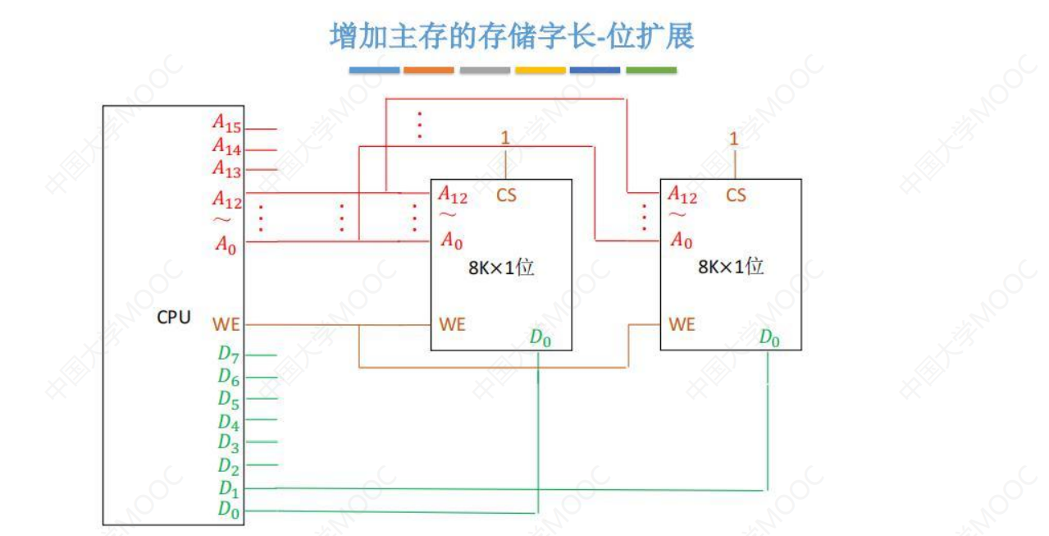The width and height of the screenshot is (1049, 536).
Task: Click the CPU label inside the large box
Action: tap(174, 317)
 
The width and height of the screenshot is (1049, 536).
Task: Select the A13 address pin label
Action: tap(227, 169)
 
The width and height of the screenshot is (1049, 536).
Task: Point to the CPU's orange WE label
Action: tap(226, 324)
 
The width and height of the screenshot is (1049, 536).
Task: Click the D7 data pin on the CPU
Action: tap(229, 355)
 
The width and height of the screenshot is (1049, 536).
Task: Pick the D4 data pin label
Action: tap(229, 423)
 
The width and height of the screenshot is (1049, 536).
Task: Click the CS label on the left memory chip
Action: tap(506, 195)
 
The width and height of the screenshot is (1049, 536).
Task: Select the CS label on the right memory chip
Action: tap(736, 195)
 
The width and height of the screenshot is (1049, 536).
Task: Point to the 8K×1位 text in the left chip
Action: tap(501, 268)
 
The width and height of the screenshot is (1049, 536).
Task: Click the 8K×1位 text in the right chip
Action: tap(731, 268)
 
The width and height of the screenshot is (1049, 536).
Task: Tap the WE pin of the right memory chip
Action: tap(682, 324)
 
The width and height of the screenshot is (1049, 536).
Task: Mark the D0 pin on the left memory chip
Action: tap(540, 337)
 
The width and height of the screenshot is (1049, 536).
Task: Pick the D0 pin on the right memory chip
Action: tap(769, 337)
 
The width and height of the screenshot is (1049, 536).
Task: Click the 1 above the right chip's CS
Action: tap(734, 140)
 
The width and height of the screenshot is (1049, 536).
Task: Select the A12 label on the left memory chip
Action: tap(453, 195)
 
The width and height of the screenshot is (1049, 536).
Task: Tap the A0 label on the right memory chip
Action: tap(682, 241)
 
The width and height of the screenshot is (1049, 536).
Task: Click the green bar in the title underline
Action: tap(651, 71)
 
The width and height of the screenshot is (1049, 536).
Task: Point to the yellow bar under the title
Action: tap(540, 71)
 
